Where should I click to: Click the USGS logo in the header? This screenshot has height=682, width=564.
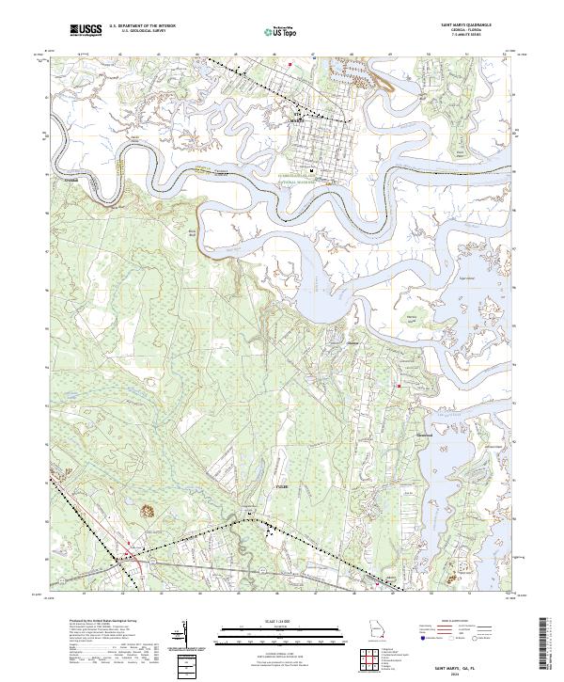pyautogui.click(x=86, y=31)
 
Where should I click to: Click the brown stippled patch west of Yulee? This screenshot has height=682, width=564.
pyautogui.click(x=147, y=511)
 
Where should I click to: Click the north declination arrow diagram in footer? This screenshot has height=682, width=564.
pyautogui.click(x=191, y=635)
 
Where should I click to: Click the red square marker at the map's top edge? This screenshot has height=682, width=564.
pyautogui.click(x=291, y=64)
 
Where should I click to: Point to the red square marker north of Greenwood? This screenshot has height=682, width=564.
pyautogui.click(x=399, y=385)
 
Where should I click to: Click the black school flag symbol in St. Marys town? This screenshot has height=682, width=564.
pyautogui.click(x=313, y=171)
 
